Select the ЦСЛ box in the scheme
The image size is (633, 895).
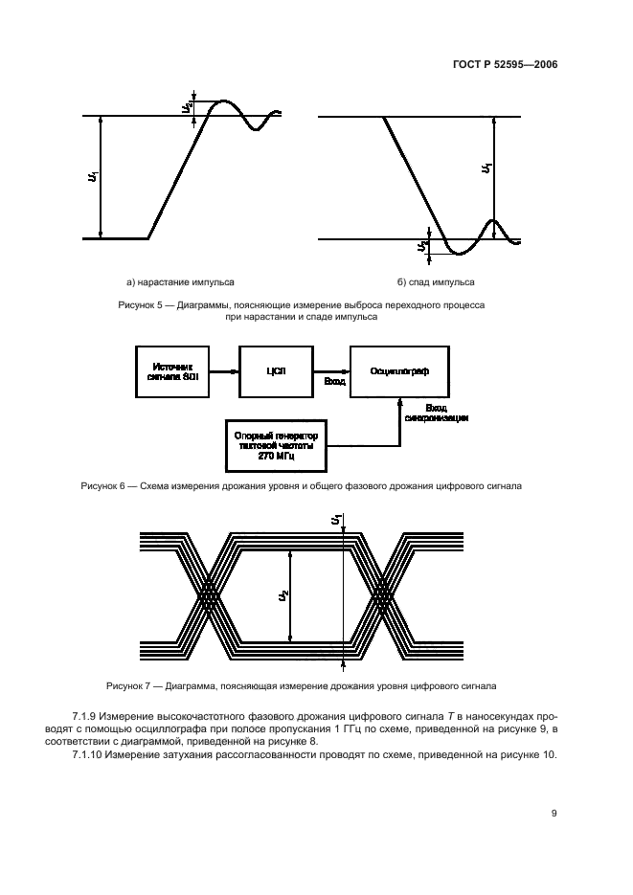pos(279,371)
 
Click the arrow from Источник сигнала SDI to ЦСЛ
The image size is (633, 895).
pos(226,371)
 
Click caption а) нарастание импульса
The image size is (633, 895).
pos(181,282)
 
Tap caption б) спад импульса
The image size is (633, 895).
pos(436,282)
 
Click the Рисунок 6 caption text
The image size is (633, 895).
pos(301,486)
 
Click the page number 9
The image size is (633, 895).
pos(554,814)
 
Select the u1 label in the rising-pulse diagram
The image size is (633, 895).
pos(92,177)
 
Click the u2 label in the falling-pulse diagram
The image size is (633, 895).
pos(422,248)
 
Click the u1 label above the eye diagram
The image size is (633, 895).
pos(336,520)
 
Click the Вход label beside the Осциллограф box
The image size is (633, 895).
pos(334,381)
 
